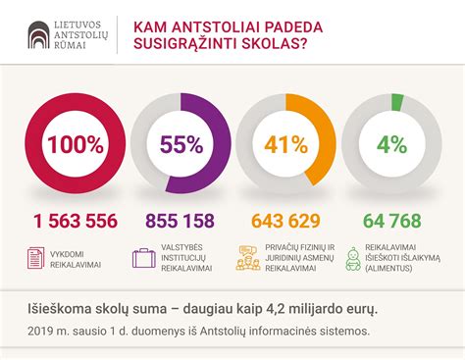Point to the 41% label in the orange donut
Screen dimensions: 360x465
coord(285,145)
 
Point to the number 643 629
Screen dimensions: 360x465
coord(285,222)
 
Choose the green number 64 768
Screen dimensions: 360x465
coord(391,222)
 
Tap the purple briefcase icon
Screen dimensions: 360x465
coord(144,258)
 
